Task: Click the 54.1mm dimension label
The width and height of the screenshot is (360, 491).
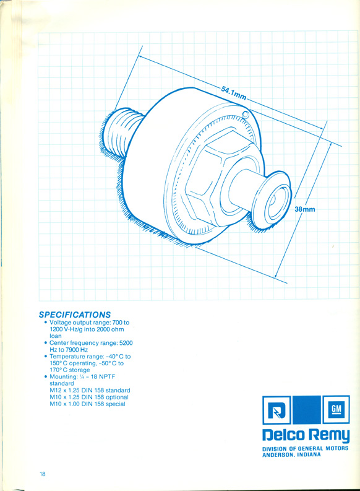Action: (x=234, y=93)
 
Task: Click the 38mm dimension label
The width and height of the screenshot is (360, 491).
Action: (x=305, y=209)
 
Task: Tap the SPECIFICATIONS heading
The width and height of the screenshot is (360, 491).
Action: (x=75, y=315)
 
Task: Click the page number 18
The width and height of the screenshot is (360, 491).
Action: (x=42, y=474)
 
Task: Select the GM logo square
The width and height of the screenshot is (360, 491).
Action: (x=336, y=410)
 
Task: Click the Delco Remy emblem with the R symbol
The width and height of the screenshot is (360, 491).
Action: (x=276, y=410)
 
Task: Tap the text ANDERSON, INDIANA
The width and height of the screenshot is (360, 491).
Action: (x=291, y=454)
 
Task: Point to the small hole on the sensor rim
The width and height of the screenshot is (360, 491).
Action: (x=246, y=115)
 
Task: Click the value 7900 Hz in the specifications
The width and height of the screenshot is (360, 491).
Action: (x=72, y=349)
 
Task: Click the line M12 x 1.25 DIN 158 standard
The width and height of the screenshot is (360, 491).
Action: (x=90, y=390)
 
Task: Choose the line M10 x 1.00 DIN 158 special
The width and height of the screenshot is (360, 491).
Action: (x=87, y=404)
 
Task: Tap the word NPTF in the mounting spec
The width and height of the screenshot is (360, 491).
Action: (x=107, y=376)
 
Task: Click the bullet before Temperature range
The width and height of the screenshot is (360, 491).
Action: (x=46, y=357)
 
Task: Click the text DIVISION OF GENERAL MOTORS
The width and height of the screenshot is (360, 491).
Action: (x=306, y=448)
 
